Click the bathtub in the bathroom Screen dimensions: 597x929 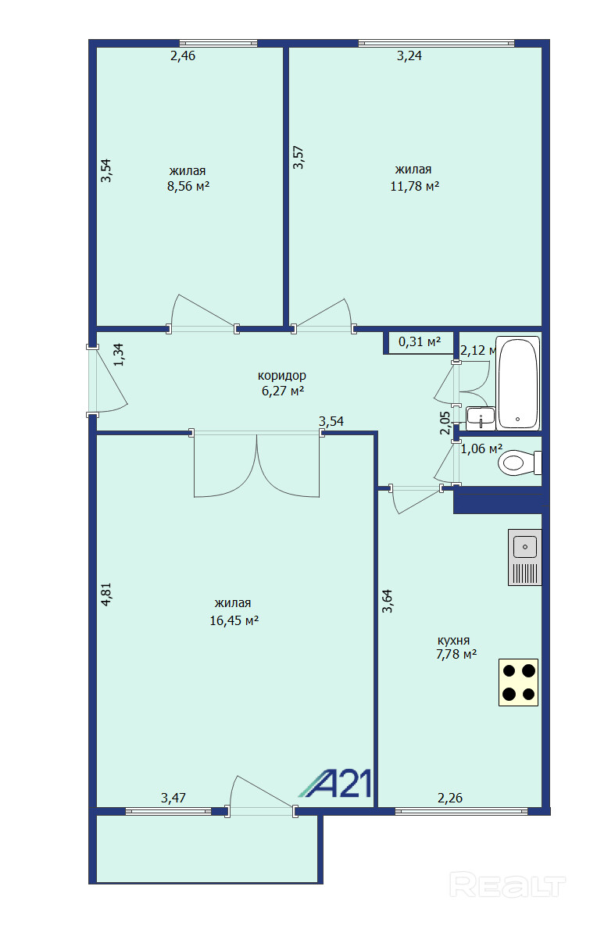tap(517, 383)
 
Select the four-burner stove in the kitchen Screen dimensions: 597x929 tap(518, 682)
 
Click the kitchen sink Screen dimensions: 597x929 tap(525, 558)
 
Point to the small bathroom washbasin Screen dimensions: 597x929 tap(481, 418)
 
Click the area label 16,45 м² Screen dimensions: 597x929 tap(234, 620)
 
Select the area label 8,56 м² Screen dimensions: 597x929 tap(188, 186)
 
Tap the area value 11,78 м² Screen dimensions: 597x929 tap(415, 186)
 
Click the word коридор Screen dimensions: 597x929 tap(282, 376)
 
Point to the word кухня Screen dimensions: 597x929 tap(454, 641)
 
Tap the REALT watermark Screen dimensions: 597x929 tap(508, 885)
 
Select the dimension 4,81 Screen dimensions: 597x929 tap(106, 595)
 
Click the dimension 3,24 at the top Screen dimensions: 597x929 tap(409, 55)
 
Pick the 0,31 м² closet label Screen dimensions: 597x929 tap(420, 342)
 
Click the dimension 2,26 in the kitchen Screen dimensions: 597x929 tap(450, 798)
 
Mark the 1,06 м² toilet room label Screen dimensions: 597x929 tap(481, 449)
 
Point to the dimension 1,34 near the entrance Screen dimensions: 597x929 tap(119, 355)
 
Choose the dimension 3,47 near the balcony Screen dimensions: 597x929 tap(173, 798)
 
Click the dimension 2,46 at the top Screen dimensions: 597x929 tap(182, 55)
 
